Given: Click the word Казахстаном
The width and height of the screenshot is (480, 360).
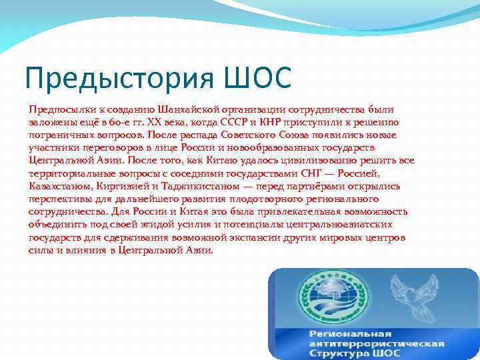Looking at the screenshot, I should pyautogui.click(x=60, y=186).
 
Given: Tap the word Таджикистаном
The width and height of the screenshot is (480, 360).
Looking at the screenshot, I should pyautogui.click(x=198, y=186).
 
